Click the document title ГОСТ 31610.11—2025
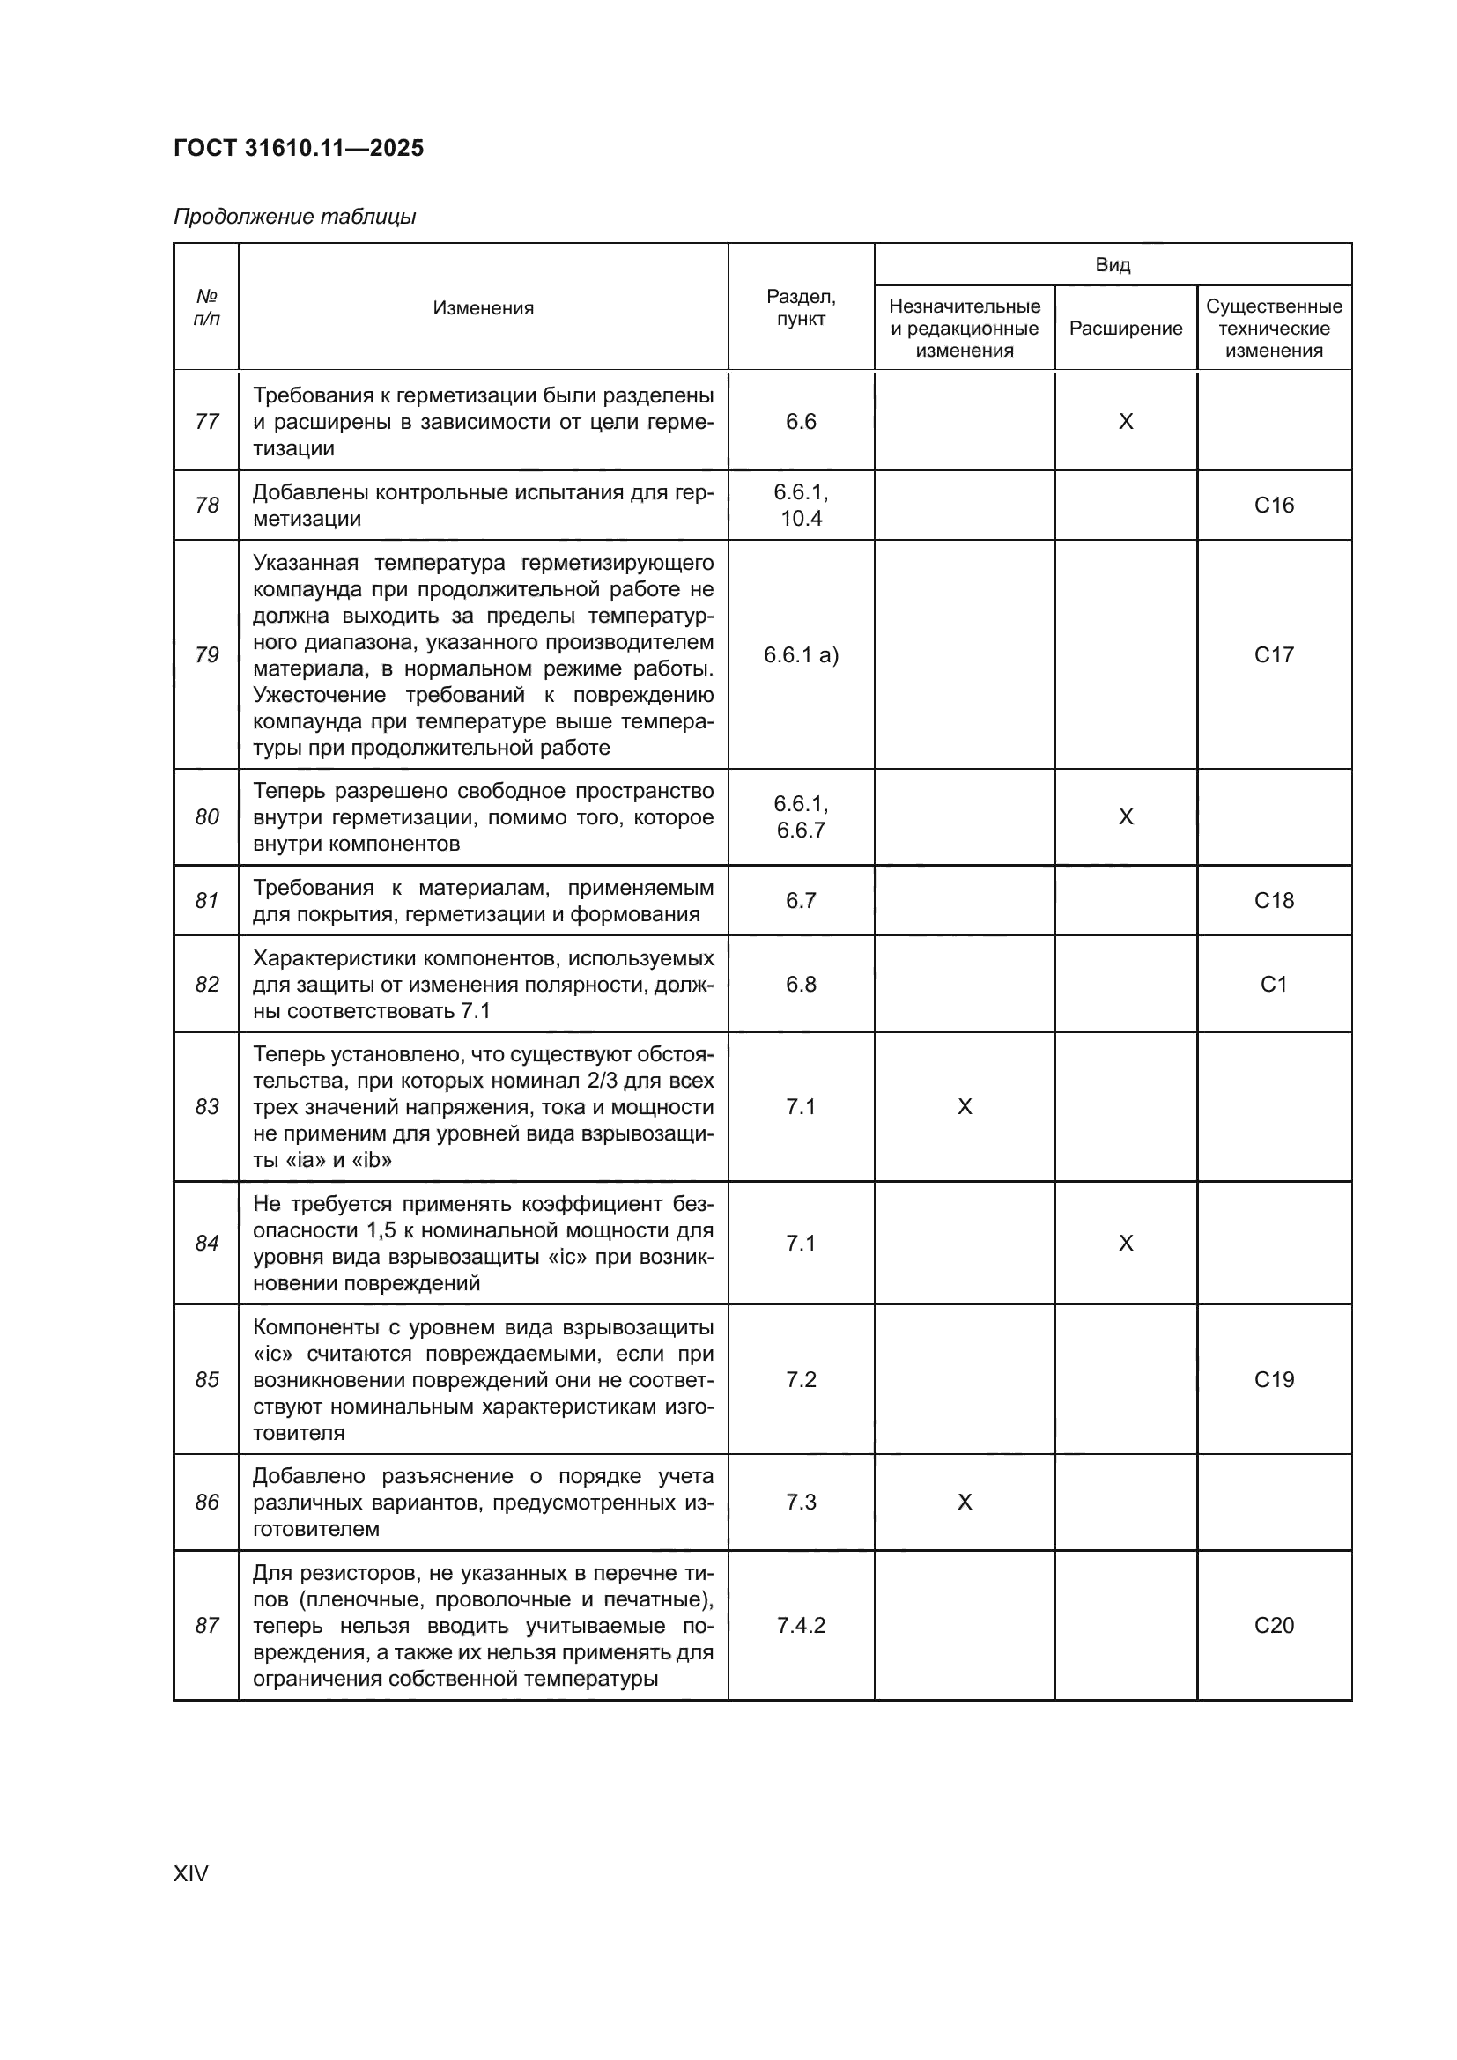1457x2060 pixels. [x=298, y=148]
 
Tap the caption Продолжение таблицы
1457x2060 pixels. [x=294, y=217]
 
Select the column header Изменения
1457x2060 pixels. [x=483, y=307]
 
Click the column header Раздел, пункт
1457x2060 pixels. [x=800, y=307]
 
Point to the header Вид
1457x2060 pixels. [x=1113, y=265]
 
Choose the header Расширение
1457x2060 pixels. [x=1125, y=329]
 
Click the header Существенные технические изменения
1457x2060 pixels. [x=1273, y=329]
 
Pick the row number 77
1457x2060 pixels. [x=206, y=421]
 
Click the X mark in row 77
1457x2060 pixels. [x=1125, y=422]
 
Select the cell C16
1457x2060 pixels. [x=1273, y=506]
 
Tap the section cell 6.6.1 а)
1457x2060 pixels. [x=800, y=655]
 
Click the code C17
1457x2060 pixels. [x=1273, y=655]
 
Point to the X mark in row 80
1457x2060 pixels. [x=1125, y=816]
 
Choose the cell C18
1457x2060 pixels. [x=1273, y=900]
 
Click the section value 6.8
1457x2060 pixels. [x=800, y=985]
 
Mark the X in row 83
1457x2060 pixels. [x=965, y=1107]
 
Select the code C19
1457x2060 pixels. [x=1273, y=1379]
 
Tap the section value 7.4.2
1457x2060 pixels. [x=800, y=1625]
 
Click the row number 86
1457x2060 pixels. [x=206, y=1502]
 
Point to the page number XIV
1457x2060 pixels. [x=190, y=1873]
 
